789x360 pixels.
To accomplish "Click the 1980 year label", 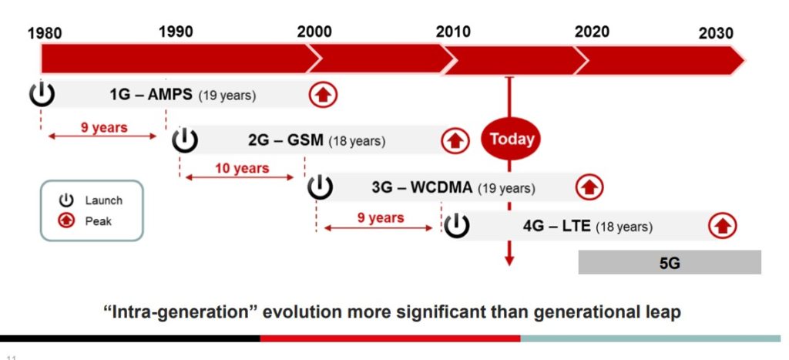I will [45, 33].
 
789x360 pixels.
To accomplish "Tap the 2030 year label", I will [716, 33].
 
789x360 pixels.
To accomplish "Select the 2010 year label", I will [453, 32].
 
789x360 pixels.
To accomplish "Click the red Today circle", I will [509, 140].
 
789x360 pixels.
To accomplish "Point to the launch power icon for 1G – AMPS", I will [42, 94].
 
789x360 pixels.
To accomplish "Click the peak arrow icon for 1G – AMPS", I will [324, 95].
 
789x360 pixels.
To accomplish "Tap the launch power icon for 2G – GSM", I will [185, 140].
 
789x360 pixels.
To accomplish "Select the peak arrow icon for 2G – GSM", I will [455, 140].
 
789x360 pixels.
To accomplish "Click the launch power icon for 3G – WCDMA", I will [320, 187].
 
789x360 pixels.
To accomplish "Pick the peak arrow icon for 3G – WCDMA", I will [589, 187].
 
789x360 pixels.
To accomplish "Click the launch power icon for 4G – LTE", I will [456, 226].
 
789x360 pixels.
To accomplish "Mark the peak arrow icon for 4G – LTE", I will [723, 226].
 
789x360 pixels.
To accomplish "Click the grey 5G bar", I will [670, 262].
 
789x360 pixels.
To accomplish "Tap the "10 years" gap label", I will [242, 168].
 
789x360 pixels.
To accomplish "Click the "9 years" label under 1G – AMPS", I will [104, 128].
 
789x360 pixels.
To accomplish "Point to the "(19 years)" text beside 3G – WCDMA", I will [506, 188].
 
